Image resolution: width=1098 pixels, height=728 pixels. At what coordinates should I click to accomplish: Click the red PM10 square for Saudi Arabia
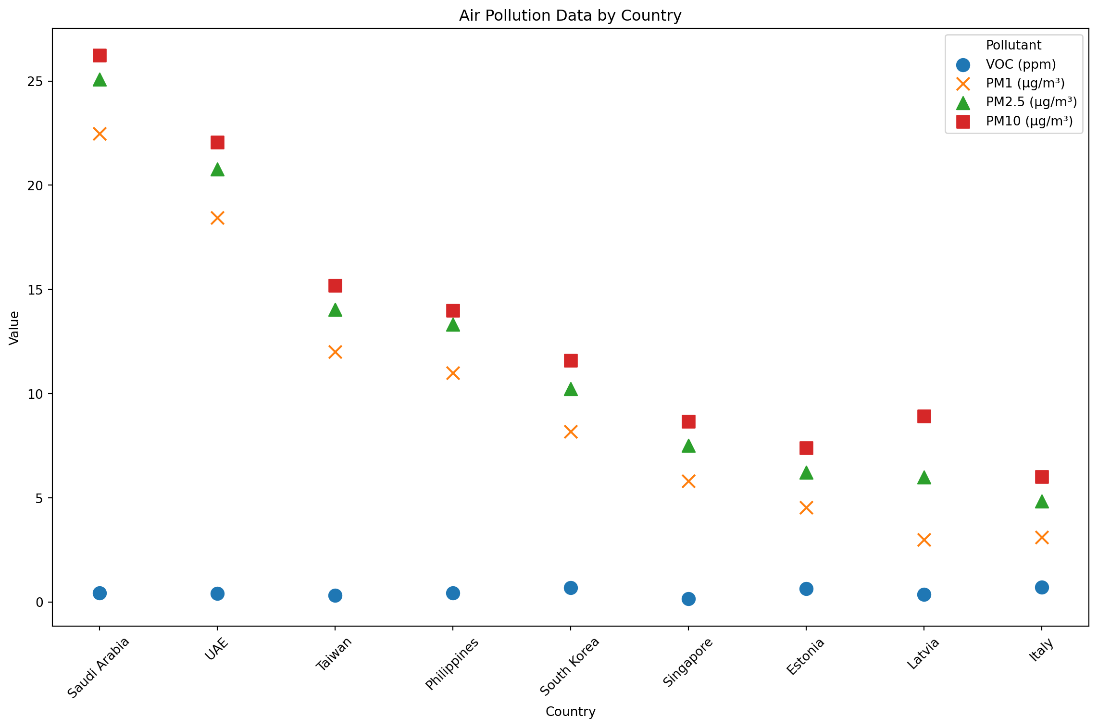click(x=100, y=56)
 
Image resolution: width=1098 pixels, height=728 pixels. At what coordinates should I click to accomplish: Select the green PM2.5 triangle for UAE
click(x=217, y=170)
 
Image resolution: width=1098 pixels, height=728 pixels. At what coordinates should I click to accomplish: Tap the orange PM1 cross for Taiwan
click(x=335, y=352)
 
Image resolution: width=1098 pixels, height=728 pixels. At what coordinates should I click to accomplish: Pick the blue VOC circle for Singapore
click(x=688, y=599)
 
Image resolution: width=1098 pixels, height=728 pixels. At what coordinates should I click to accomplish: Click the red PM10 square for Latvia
click(x=924, y=416)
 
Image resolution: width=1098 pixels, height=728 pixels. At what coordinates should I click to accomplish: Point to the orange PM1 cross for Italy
click(x=1042, y=537)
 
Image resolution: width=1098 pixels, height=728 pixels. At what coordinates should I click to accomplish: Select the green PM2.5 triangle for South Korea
click(x=571, y=389)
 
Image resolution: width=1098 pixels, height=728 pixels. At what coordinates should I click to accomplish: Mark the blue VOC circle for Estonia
click(x=806, y=589)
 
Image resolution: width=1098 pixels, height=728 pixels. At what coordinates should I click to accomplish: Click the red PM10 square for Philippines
click(x=453, y=310)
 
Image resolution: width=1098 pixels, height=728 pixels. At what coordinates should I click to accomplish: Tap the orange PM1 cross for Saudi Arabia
click(x=100, y=134)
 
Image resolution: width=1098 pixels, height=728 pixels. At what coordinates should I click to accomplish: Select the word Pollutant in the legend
click(x=1013, y=45)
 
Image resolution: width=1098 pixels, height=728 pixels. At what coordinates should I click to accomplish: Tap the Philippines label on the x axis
click(x=452, y=664)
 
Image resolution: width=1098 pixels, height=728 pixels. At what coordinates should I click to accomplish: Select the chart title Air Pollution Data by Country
click(x=570, y=15)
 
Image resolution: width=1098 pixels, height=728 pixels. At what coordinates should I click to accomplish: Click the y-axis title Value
click(x=14, y=328)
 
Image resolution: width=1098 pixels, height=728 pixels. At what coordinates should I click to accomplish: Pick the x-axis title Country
click(x=570, y=712)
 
